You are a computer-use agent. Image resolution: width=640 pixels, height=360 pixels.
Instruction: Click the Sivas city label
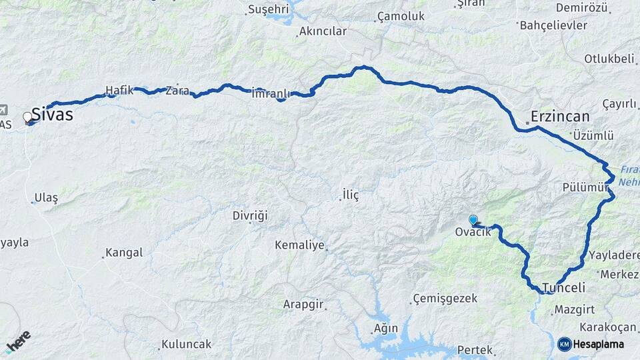pos(52,115)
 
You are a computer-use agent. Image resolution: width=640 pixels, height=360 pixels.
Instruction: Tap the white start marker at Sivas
pos(28,117)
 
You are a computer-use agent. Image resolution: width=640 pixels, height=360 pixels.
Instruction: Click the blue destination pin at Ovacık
pos(473,219)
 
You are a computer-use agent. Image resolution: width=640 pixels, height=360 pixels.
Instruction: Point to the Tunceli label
pos(564,288)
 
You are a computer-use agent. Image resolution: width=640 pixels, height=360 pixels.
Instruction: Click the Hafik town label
pos(119,90)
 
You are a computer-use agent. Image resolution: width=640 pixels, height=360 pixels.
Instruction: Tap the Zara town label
pos(177,90)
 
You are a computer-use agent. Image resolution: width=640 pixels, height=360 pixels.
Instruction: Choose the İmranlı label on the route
pos(270,93)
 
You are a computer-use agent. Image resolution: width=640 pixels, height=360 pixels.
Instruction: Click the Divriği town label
pos(250,215)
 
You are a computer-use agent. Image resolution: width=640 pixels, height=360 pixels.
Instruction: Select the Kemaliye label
pos(299,245)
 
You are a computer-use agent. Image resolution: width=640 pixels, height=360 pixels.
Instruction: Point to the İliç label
pos(351,195)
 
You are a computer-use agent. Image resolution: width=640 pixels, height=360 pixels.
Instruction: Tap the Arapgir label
pos(303,304)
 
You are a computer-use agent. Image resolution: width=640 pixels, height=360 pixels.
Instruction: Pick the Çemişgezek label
pos(445,298)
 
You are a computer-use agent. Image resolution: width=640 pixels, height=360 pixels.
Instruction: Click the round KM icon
pos(564,344)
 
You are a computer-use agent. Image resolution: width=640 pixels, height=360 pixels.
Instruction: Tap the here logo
pos(18,341)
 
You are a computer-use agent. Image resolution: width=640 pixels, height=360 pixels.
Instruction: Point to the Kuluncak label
pos(186,344)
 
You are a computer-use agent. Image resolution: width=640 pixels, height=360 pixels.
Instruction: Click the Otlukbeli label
pos(609,59)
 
